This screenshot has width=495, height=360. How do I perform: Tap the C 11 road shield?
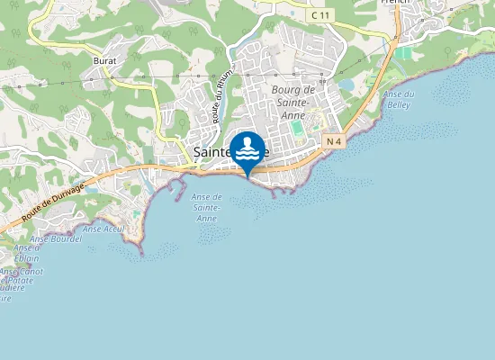318,15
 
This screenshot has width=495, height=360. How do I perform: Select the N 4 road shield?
335,140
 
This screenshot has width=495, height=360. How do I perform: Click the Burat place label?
104,60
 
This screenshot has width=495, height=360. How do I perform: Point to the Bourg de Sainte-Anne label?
291,101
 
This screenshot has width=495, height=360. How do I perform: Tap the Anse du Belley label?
398,99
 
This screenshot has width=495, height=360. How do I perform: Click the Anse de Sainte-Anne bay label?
207,207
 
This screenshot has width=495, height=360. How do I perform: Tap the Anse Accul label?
103,229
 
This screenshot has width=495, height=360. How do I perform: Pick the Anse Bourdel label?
56,239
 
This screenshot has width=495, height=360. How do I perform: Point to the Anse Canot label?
21,271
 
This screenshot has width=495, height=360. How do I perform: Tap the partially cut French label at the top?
395,3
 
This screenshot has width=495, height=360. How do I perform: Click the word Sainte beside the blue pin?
212,152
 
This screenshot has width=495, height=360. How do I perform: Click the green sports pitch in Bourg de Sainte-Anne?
297,129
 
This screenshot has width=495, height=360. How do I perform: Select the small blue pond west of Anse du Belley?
346,85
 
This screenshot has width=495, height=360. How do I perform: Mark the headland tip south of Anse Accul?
141,253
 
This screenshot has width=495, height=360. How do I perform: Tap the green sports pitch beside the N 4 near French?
404,54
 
